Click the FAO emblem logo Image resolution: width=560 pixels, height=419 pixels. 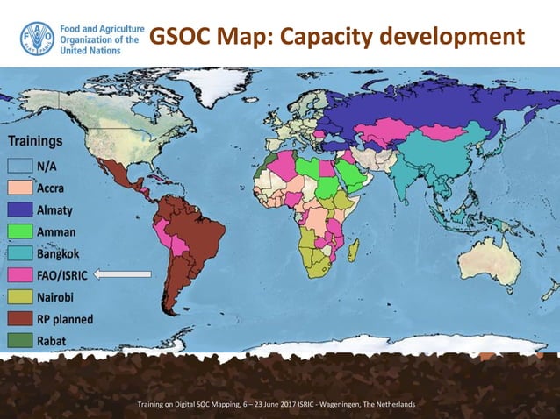[x=37, y=39]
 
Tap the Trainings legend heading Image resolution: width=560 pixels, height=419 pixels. [x=36, y=140]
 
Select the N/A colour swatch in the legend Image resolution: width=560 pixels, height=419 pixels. [x=21, y=165]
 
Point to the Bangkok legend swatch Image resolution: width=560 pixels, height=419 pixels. [x=21, y=254]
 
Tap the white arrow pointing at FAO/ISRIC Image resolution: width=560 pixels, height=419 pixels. [x=123, y=274]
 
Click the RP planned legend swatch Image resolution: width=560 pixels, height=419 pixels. [x=21, y=320]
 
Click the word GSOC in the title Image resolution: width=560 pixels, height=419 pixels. [x=181, y=38]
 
